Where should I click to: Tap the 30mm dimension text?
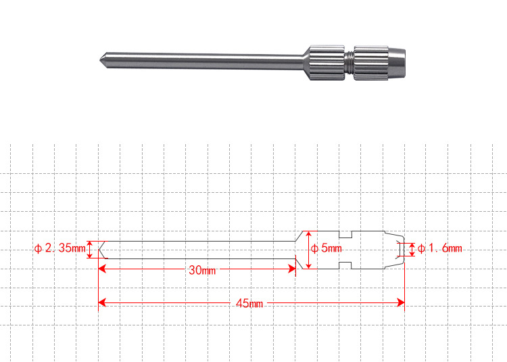pos(201,271)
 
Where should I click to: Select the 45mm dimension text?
pos(249,303)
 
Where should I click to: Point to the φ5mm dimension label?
pos(326,248)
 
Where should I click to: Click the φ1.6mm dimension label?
pos(439,249)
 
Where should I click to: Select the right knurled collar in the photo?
pos(371,62)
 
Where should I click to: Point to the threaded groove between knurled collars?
pos(348,62)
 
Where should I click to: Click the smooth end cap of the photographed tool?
pos(399,62)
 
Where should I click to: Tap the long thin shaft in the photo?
pos(203,60)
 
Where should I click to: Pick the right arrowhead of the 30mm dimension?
pos(293,270)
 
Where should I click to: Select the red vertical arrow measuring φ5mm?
pos(309,249)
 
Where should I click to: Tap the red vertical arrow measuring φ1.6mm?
pos(412,249)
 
